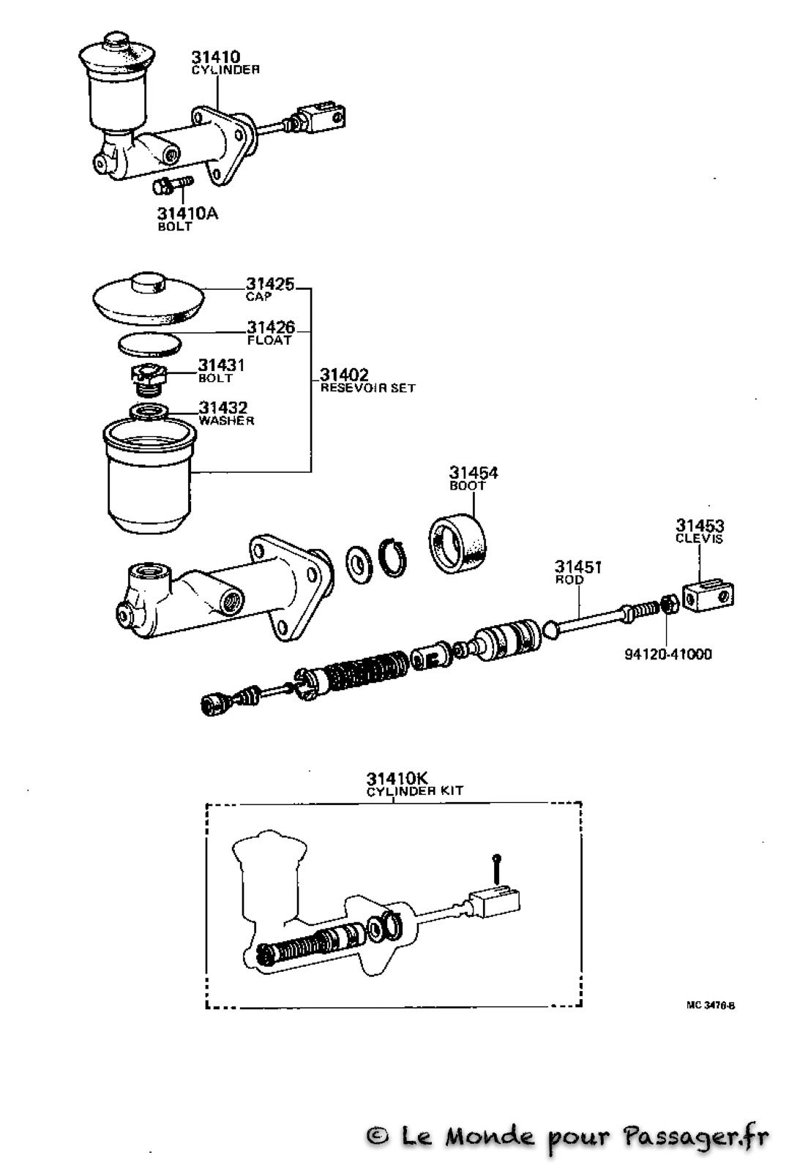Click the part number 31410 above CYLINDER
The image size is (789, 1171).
(x=215, y=56)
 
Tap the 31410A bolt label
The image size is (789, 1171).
(x=187, y=213)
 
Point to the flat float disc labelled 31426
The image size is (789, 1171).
(x=150, y=344)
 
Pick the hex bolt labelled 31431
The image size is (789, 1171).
(x=149, y=380)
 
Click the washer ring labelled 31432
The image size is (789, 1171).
(x=149, y=411)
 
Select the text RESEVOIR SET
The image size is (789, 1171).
(x=367, y=388)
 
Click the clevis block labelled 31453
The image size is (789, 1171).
(x=708, y=596)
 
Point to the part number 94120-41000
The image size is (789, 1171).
(x=668, y=654)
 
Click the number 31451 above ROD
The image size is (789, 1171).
(x=577, y=566)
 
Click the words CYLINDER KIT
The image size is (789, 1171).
(x=415, y=791)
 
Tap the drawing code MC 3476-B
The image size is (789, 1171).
(x=711, y=1006)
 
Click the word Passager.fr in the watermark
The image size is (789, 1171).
(x=696, y=1138)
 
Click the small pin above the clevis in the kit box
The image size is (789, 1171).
(x=496, y=867)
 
